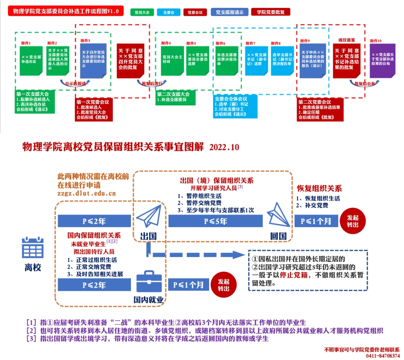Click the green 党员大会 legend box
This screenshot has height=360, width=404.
(142, 12)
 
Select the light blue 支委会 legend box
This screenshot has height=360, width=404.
(168, 12)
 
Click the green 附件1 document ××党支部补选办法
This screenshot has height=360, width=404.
(31, 60)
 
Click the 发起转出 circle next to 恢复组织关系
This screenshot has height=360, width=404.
(353, 221)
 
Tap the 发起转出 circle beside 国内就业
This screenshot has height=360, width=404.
(223, 285)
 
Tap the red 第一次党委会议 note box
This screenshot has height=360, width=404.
(94, 110)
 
